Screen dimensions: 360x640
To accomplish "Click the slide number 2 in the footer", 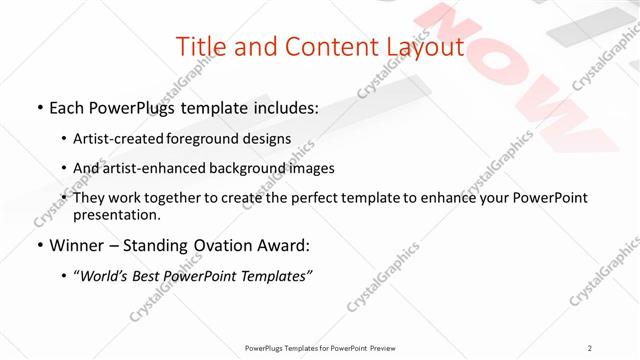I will click(590, 348).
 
